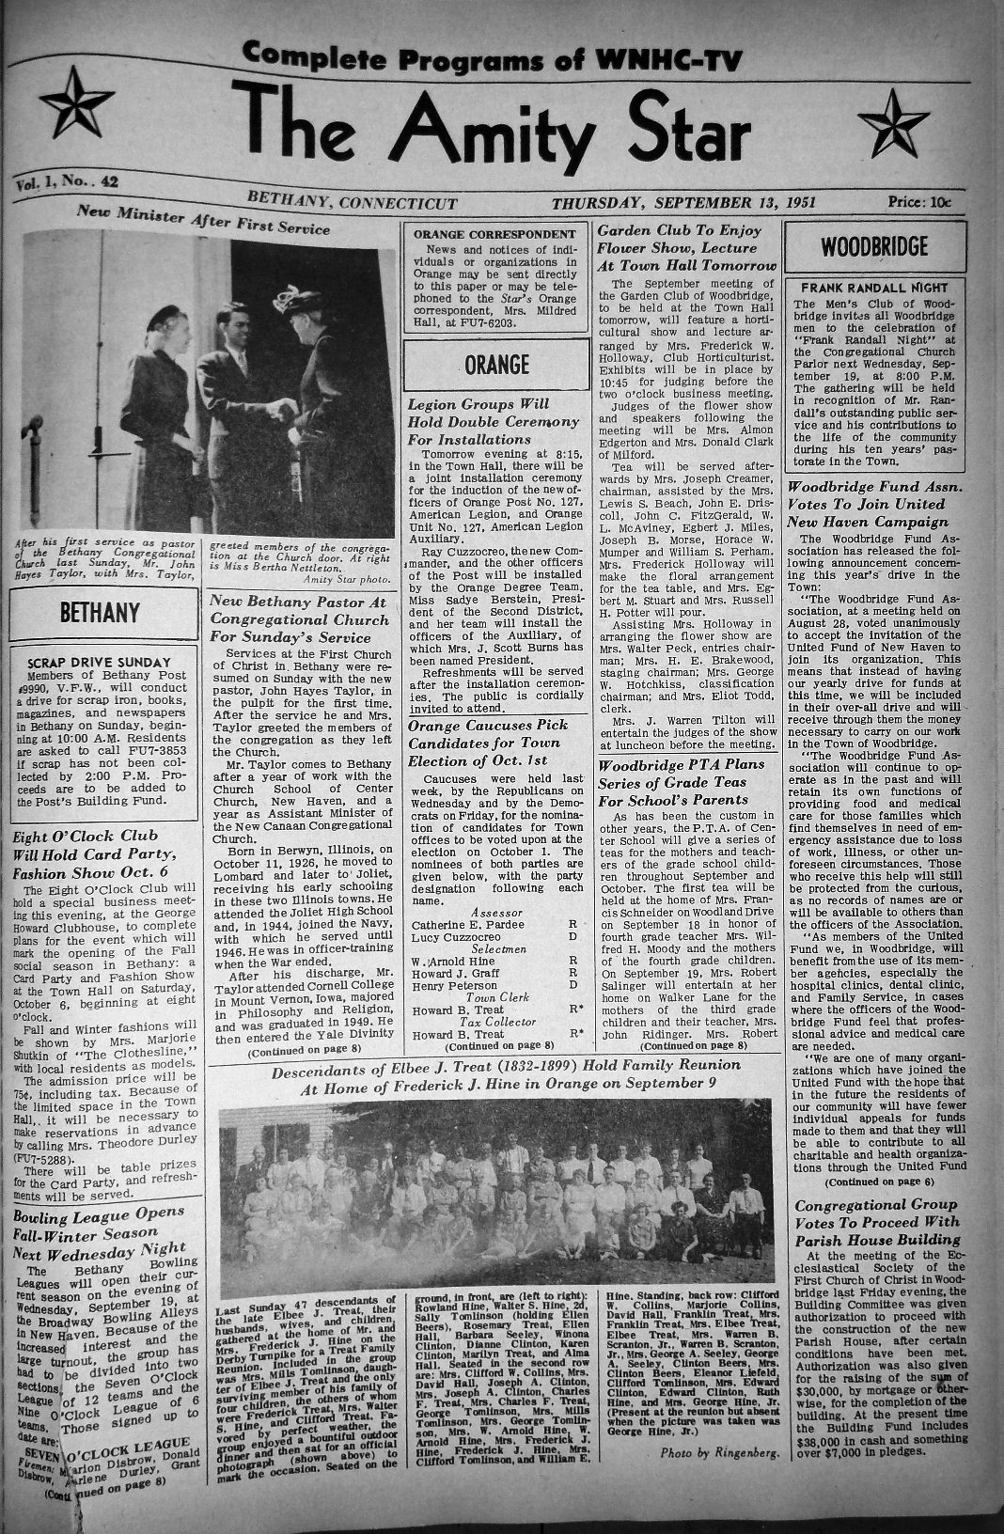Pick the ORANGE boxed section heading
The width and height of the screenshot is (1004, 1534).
tap(496, 365)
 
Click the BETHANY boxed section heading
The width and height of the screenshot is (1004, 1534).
tap(100, 613)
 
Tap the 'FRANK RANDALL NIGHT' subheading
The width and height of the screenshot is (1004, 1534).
tap(874, 288)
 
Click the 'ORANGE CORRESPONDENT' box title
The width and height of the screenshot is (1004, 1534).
tap(494, 234)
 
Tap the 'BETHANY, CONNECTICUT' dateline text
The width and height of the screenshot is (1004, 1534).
tap(353, 203)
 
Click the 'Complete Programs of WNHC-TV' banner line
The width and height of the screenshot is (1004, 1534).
tap(492, 60)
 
